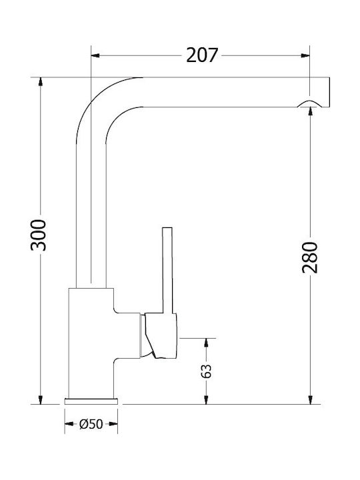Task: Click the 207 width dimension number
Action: point(202,55)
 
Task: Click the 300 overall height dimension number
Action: point(39,235)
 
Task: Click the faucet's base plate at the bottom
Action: point(91,401)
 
